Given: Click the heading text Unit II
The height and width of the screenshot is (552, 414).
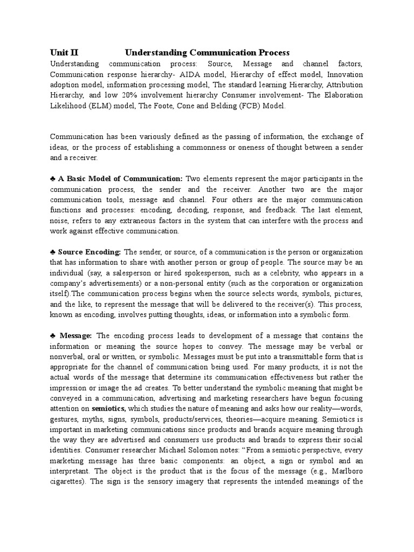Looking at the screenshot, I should (x=64, y=52).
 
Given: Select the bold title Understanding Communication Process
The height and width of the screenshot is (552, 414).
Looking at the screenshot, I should (x=208, y=52).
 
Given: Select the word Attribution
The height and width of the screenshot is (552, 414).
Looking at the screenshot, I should (x=340, y=85).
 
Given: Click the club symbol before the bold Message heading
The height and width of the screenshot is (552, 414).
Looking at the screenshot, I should (x=53, y=336).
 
